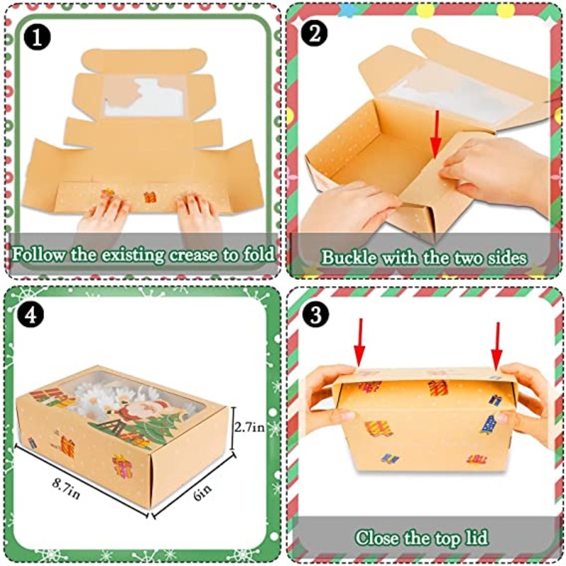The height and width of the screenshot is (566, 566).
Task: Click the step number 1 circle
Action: point(37,37)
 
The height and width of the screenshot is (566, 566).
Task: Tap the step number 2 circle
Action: point(314,33)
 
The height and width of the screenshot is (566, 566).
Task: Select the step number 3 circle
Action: point(316,314)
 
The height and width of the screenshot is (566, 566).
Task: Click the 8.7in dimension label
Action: point(66,488)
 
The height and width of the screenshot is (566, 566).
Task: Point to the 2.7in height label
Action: point(250,427)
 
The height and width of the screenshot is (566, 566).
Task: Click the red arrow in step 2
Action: point(437,134)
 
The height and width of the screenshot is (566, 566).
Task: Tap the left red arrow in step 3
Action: point(359,342)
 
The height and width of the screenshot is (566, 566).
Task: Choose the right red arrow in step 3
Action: point(497,347)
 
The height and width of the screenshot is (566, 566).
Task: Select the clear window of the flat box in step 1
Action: point(145,96)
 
